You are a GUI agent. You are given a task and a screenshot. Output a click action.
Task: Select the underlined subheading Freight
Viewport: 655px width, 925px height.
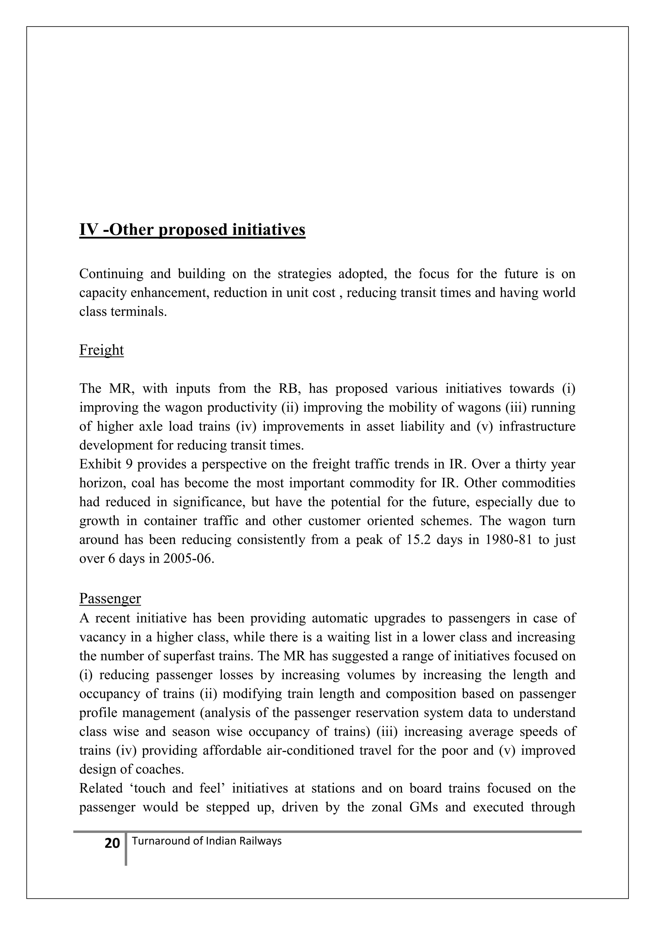pos(101,350)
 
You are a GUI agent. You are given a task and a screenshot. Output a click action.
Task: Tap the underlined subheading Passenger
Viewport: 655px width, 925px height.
pos(110,598)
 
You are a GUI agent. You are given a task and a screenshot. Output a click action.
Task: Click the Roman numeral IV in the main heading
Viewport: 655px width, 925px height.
pos(88,230)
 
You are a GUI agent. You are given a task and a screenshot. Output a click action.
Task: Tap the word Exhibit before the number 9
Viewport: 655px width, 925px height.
pos(100,464)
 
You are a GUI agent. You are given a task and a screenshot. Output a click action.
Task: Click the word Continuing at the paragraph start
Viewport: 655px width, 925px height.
pos(111,274)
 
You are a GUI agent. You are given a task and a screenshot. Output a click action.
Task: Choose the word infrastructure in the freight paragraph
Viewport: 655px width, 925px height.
pos(537,426)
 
